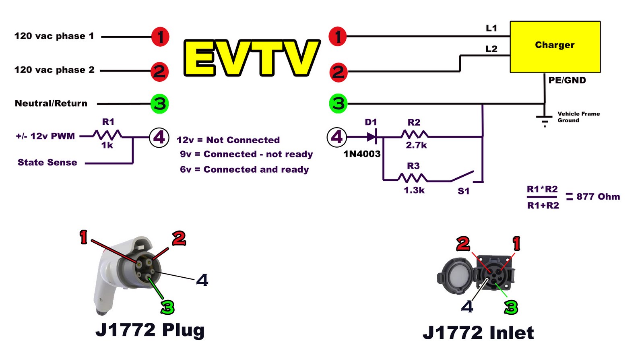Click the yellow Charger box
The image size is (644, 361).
pyautogui.click(x=555, y=47)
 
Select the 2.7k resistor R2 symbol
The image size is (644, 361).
pyautogui.click(x=415, y=135)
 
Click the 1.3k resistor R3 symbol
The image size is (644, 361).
pyautogui.click(x=412, y=178)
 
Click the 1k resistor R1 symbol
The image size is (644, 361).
pyautogui.click(x=107, y=135)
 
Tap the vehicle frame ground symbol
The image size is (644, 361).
pyautogui.click(x=544, y=120)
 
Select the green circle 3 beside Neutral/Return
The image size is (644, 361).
pyautogui.click(x=159, y=104)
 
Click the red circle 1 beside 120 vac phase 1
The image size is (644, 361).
pyautogui.click(x=160, y=37)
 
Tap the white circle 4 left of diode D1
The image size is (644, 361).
pyautogui.click(x=336, y=137)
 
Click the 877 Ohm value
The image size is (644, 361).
pyautogui.click(x=598, y=197)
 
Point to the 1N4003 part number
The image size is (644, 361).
pyautogui.click(x=361, y=154)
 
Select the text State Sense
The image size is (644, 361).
pyautogui.click(x=47, y=163)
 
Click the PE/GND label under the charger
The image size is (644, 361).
pyautogui.click(x=567, y=80)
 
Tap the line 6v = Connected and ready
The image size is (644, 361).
pyautogui.click(x=244, y=169)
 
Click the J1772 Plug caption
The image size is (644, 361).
pyautogui.click(x=150, y=330)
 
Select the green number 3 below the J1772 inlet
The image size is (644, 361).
pyautogui.click(x=511, y=307)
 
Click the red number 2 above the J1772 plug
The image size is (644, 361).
pyautogui.click(x=179, y=239)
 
